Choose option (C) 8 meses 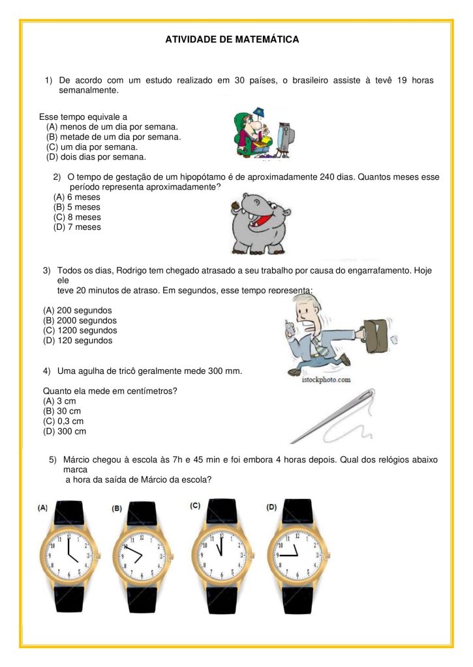(77, 217)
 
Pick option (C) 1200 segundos (80, 330)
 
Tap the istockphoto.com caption (319, 379)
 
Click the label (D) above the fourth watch (271, 507)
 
